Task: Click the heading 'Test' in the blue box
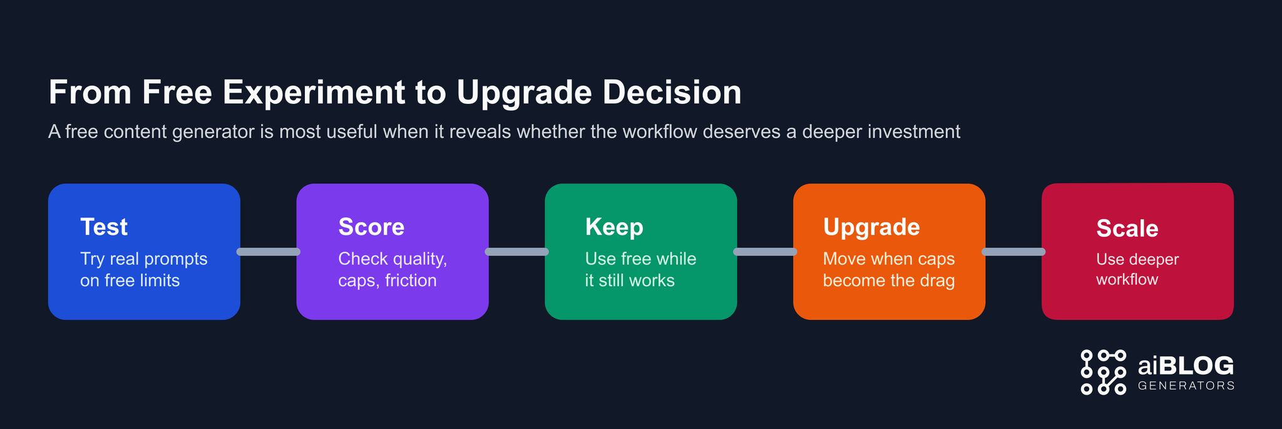[x=104, y=227]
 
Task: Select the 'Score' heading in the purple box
[x=371, y=227]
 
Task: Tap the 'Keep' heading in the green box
[x=614, y=227]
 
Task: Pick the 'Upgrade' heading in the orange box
[x=871, y=227]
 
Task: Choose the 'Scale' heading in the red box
[x=1127, y=229]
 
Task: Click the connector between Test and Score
[x=269, y=252]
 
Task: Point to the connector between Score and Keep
[x=516, y=252]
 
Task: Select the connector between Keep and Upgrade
[x=765, y=252]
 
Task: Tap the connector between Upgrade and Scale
[x=1013, y=252]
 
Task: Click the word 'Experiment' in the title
[x=314, y=93]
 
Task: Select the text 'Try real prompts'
[x=143, y=259]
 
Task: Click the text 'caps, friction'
[x=387, y=281]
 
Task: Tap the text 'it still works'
[x=630, y=281]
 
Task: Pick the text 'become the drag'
[x=888, y=281]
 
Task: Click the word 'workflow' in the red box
[x=1127, y=279]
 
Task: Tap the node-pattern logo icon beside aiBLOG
[x=1103, y=372]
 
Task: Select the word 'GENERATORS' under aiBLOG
[x=1186, y=386]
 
